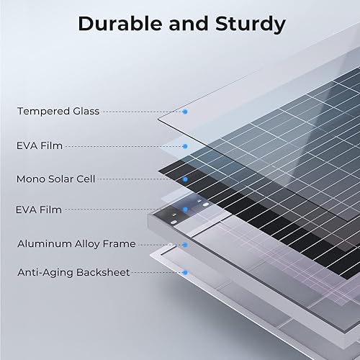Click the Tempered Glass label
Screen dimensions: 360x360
[x=58, y=112]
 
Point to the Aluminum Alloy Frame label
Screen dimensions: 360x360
[x=76, y=244]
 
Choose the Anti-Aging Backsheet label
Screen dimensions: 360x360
[x=73, y=273]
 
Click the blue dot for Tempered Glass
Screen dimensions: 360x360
[x=185, y=112]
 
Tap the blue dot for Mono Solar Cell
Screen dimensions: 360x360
[x=185, y=179]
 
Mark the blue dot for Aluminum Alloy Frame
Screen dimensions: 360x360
[x=185, y=245]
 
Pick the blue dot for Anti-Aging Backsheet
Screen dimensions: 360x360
[x=185, y=273]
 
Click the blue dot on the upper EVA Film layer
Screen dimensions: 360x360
[x=185, y=146]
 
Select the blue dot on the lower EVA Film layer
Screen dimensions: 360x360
[x=185, y=210]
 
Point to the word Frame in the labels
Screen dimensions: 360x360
[x=119, y=244]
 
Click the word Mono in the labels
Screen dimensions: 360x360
[x=30, y=177]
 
